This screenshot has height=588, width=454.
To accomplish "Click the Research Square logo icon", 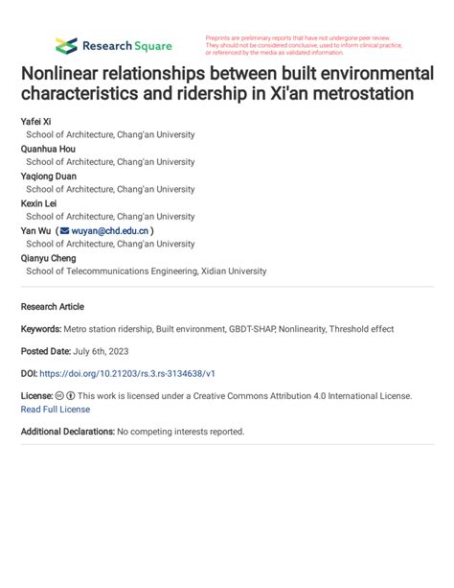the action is click(x=66, y=45).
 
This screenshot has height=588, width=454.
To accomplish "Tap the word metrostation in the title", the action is click(x=358, y=95).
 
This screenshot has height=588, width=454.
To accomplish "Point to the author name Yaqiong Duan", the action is click(x=48, y=176).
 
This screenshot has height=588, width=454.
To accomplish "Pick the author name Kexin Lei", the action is click(x=39, y=203).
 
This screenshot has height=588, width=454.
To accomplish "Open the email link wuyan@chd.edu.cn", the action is click(x=110, y=231).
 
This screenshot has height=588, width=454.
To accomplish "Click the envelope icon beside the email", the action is click(x=64, y=231).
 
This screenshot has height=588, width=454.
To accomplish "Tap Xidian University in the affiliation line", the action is click(x=234, y=271).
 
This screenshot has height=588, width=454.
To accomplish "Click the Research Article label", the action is click(x=52, y=307).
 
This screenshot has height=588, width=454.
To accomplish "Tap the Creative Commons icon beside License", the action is click(x=60, y=395).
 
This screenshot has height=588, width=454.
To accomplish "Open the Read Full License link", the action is click(x=56, y=410).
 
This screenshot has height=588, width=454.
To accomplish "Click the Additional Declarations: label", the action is click(x=67, y=432).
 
